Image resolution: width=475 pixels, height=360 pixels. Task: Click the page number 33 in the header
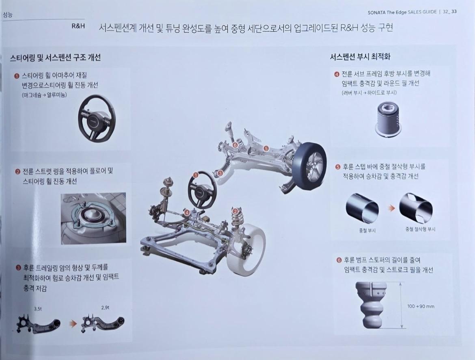(x=454, y=11)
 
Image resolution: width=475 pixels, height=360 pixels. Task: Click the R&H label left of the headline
(x=78, y=26)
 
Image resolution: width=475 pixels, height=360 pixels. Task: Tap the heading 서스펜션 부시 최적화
(x=360, y=57)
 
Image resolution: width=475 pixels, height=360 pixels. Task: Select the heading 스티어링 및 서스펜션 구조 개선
(x=56, y=58)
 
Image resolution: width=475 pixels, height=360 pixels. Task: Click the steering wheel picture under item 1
(x=97, y=117)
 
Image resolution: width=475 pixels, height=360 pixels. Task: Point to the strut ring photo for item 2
(x=94, y=218)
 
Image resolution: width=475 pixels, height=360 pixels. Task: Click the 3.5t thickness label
(x=38, y=309)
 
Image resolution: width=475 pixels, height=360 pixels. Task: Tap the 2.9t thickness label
(x=105, y=308)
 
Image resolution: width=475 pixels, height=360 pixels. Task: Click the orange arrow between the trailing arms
(x=73, y=323)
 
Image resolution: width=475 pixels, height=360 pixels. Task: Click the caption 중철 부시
(x=367, y=231)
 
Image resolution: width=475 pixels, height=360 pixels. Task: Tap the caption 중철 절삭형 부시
(x=421, y=229)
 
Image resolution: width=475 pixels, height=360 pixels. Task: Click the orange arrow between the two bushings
(x=392, y=208)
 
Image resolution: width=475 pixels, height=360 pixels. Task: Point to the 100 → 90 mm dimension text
(x=421, y=306)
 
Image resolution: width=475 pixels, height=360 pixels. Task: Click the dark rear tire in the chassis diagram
(x=309, y=167)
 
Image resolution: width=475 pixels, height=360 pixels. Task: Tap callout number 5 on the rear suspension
(x=266, y=149)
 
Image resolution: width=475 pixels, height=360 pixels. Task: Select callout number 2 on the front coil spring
(x=235, y=211)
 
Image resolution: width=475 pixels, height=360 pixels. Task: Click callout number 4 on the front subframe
(x=187, y=213)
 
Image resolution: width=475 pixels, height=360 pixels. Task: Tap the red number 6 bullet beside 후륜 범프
(x=339, y=260)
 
